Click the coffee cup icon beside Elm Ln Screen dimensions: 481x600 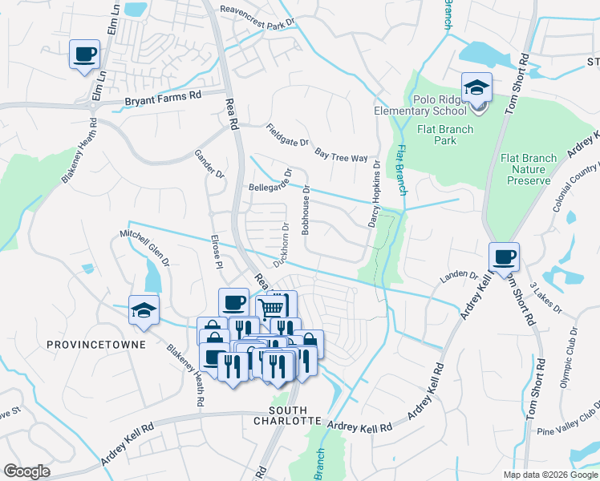tap(85, 55)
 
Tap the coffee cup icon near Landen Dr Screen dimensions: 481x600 tap(504, 257)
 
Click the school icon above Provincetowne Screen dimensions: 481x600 tap(144, 311)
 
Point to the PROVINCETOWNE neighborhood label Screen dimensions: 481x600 tap(95, 345)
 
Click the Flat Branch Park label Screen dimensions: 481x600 tap(445, 135)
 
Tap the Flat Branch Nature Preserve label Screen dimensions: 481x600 tap(529, 169)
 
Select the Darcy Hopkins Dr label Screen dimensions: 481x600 tap(375, 192)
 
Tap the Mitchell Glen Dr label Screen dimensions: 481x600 tap(145, 247)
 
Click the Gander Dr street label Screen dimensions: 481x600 tap(207, 165)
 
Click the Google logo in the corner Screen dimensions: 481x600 tap(27, 471)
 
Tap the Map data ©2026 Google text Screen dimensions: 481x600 tap(549, 475)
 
